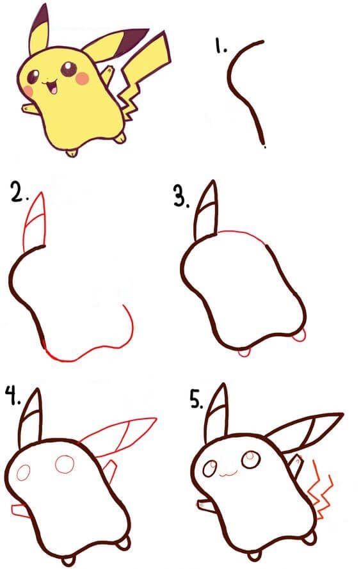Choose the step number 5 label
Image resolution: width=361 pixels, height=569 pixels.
tap(197, 399)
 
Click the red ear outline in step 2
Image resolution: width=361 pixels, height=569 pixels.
tap(36, 221)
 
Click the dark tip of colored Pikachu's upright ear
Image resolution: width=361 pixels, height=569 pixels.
tap(40, 15)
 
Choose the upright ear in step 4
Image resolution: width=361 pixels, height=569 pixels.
tap(32, 416)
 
